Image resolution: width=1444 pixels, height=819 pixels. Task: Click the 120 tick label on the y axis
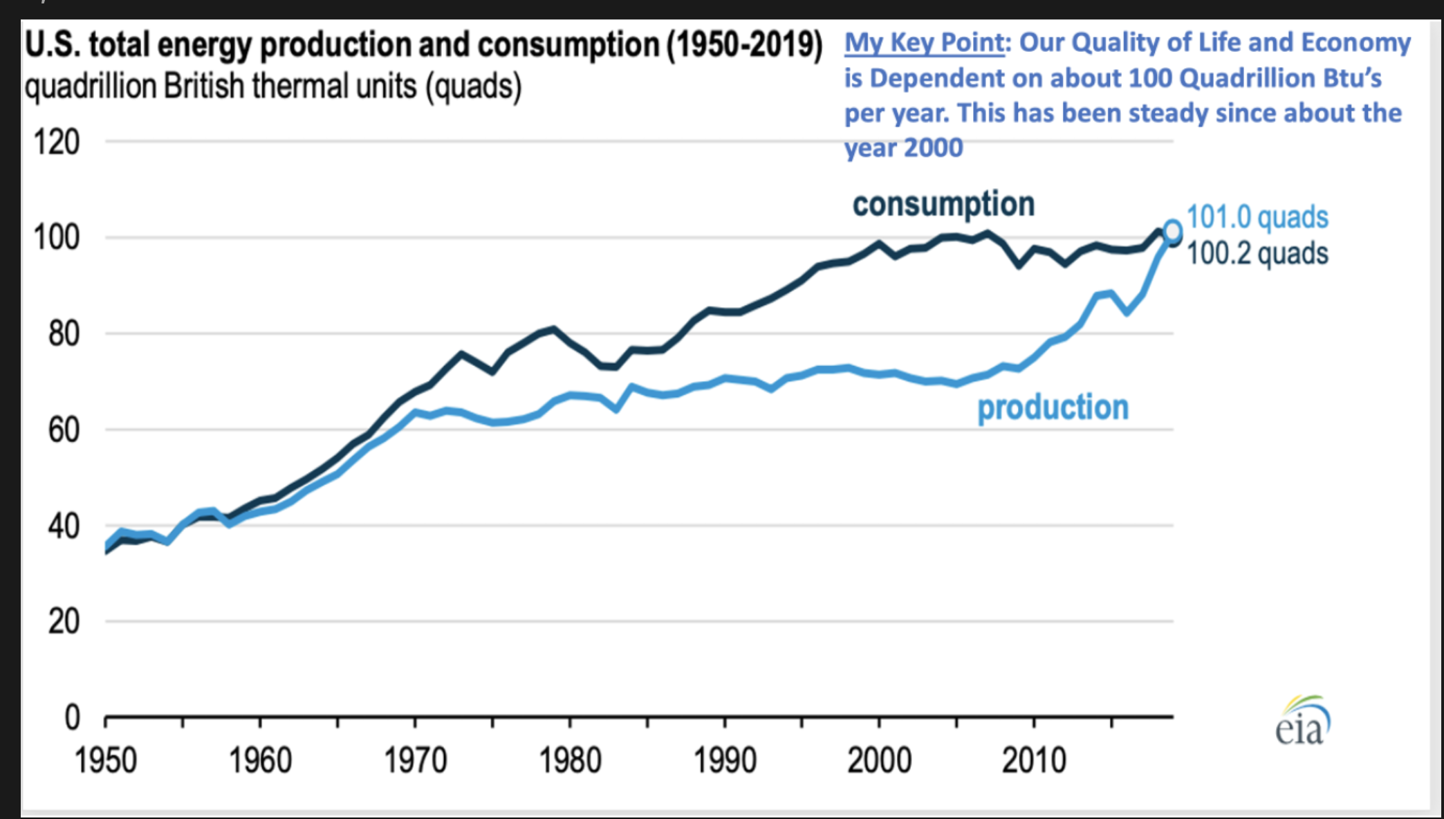[57, 142]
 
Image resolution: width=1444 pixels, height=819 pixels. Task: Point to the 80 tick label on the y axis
[64, 334]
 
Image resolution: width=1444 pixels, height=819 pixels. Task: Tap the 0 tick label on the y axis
[73, 717]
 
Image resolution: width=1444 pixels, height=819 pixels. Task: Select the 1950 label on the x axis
[105, 761]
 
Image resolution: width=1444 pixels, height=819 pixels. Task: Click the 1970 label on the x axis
[415, 761]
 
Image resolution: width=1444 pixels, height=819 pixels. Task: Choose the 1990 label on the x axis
[725, 761]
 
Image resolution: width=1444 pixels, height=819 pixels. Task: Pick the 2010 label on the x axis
[1034, 761]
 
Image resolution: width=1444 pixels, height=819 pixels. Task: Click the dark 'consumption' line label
[943, 204]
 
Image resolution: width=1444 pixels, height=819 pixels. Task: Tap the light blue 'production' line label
[1053, 407]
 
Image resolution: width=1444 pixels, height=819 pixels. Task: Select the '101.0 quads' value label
[1257, 217]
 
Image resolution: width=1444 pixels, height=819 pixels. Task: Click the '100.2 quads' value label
[1257, 253]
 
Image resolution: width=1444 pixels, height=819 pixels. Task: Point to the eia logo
[1302, 721]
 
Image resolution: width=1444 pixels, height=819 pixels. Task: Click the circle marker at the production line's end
[1172, 230]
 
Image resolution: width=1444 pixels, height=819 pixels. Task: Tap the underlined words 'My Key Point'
[924, 43]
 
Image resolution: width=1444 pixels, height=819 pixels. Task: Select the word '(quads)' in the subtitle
[473, 87]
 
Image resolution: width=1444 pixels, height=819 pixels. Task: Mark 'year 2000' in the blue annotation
[903, 147]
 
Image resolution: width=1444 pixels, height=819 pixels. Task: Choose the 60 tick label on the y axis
[64, 430]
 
